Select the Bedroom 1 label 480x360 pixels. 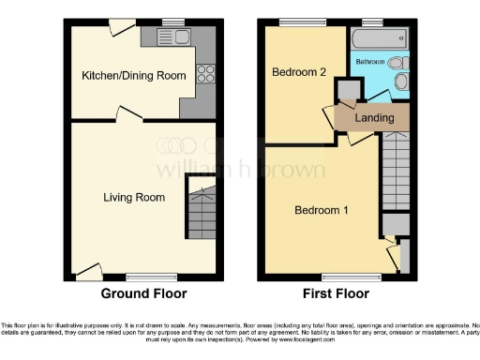pos(322,210)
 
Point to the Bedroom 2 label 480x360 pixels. pos(298,72)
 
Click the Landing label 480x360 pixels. pos(373,118)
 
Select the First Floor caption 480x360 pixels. pos(335,292)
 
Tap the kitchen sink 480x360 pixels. pos(177,37)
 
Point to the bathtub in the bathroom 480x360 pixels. pos(379,38)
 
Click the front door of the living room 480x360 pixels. pos(88,272)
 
